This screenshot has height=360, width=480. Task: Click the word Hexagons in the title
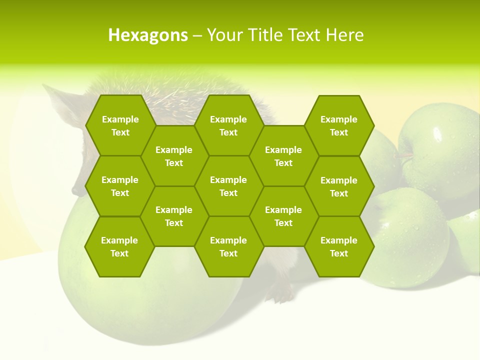point(148,35)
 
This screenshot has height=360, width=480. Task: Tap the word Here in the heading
point(344,35)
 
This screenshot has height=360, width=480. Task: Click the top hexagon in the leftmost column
point(120,125)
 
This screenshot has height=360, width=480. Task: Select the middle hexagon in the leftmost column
point(120,186)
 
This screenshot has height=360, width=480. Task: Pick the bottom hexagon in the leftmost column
point(119,246)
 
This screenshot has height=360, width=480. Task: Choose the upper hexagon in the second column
point(174,156)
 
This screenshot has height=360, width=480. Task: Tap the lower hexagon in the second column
point(174,216)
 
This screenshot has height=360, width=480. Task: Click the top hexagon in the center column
point(228,125)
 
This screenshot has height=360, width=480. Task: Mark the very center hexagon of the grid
point(228,186)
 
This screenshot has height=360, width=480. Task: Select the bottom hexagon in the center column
point(228,246)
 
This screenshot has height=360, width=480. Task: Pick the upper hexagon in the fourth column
point(283,156)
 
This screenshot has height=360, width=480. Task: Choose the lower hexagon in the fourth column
point(283,216)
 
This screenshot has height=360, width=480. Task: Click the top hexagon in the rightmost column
point(339,125)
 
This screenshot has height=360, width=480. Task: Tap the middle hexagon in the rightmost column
point(339,186)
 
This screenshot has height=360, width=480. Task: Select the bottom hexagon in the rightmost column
point(339,246)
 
